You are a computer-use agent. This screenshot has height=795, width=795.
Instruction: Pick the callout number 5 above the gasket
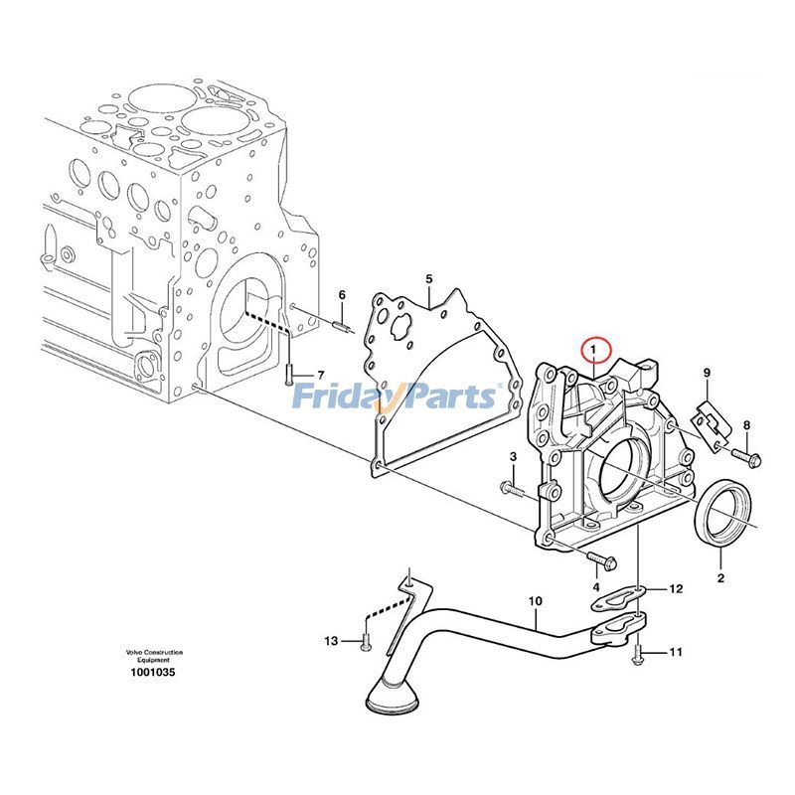[x=429, y=280]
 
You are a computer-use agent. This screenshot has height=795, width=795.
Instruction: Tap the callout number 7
[x=320, y=375]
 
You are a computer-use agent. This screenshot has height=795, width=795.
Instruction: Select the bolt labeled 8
[x=748, y=457]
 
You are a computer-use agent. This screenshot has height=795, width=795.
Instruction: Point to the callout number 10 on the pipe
[x=535, y=600]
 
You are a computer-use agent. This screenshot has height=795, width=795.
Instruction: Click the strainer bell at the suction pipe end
[x=384, y=697]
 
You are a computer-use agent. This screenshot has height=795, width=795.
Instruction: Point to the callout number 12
[x=676, y=589]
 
